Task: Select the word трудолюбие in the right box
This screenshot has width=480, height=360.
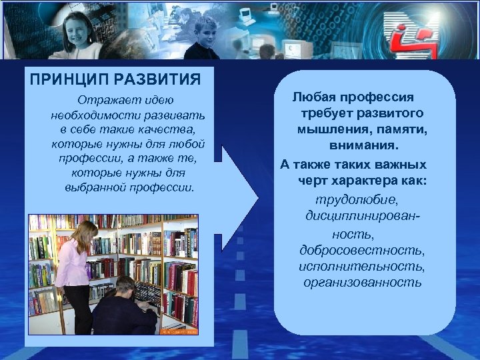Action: click(350, 201)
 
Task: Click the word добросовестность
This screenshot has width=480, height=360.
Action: click(361, 251)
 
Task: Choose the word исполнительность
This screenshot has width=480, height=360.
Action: click(361, 266)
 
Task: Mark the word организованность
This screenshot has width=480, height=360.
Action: click(361, 282)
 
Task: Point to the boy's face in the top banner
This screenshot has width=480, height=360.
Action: click(205, 33)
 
